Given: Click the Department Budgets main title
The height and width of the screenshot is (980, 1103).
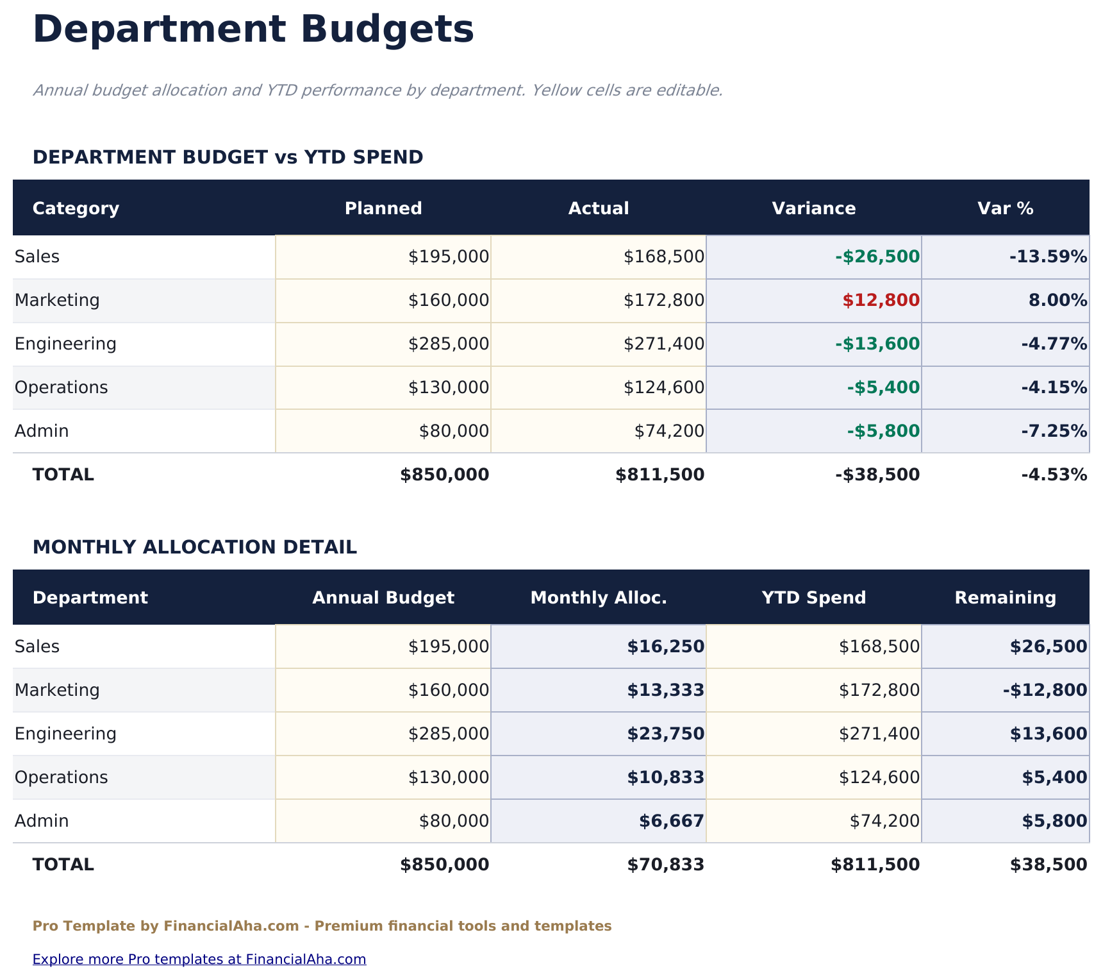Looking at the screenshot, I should pos(253,30).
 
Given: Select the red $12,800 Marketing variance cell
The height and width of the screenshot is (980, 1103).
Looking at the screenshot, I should pos(881,300).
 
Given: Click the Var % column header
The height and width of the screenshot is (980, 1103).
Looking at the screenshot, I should pos(1005,208).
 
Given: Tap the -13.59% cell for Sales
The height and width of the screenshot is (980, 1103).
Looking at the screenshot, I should pos(1048,257).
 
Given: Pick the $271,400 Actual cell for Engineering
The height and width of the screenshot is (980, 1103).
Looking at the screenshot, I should pos(664,344).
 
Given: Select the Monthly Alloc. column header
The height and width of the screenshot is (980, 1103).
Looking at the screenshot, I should pos(599,598).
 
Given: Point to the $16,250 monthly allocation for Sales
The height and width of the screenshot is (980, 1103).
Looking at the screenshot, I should pos(665,647).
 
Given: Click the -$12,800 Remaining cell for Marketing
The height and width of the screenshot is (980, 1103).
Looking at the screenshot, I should pos(1045,691).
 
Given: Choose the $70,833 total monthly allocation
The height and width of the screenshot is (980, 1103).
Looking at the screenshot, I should pos(665,865).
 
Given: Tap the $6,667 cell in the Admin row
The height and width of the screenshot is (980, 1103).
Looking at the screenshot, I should pos(671,822).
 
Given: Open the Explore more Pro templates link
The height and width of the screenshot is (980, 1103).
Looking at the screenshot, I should pos(199,959).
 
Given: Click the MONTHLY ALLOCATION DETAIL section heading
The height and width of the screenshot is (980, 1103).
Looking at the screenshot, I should pos(195,548).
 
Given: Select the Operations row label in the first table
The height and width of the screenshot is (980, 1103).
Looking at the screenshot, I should pos(62,388).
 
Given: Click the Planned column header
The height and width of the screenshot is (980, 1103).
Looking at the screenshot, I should pos(383,208).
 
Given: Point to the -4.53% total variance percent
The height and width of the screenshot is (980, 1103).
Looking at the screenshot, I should pos(1054,475).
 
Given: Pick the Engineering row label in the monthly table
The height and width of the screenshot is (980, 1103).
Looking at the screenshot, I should pos(65,734).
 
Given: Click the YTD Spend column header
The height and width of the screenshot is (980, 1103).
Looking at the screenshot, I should pos(813,598).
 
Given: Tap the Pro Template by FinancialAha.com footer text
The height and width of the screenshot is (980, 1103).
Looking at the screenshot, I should pos(322,926).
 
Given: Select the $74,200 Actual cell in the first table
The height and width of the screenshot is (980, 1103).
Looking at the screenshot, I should pos(669,432).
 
